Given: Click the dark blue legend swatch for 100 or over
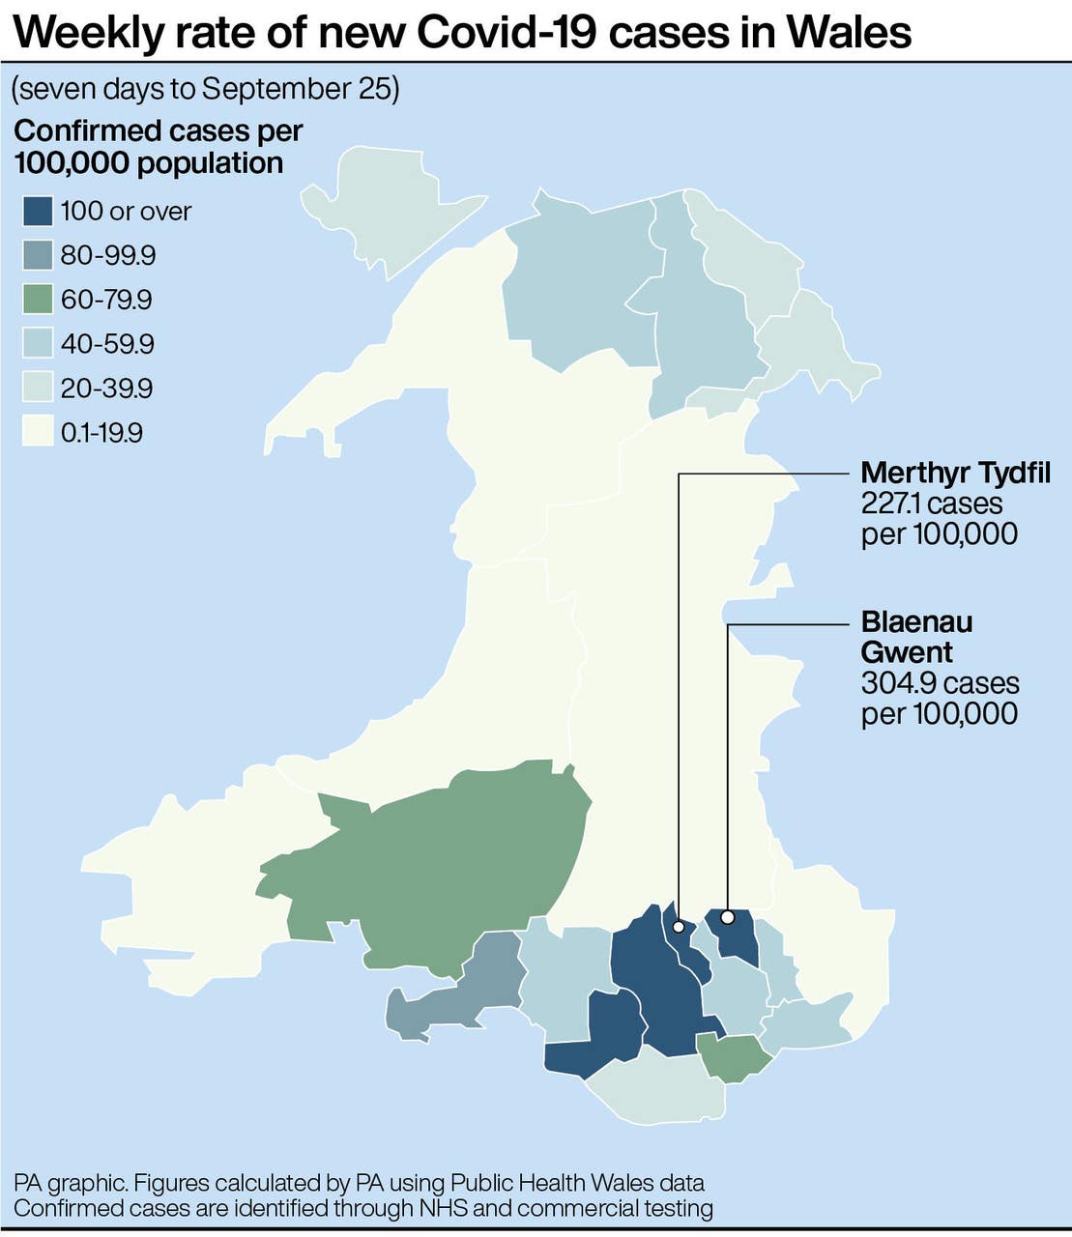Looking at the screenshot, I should (x=38, y=212).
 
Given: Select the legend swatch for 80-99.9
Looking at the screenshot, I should (x=38, y=256).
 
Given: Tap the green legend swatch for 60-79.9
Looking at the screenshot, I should (x=38, y=300).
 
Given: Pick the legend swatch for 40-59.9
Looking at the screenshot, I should (x=38, y=344).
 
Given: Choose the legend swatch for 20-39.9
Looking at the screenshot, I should (x=38, y=388).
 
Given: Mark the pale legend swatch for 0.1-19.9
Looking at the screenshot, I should (x=38, y=432).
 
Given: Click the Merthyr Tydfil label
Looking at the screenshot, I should (x=955, y=473).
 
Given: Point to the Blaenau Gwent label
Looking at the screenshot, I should (x=916, y=637).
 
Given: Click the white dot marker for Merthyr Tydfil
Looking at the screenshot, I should (x=679, y=927).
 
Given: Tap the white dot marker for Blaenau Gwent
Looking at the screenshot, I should (x=728, y=916).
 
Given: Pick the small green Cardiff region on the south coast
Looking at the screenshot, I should (x=733, y=1056).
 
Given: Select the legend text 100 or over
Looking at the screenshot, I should (x=126, y=212).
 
